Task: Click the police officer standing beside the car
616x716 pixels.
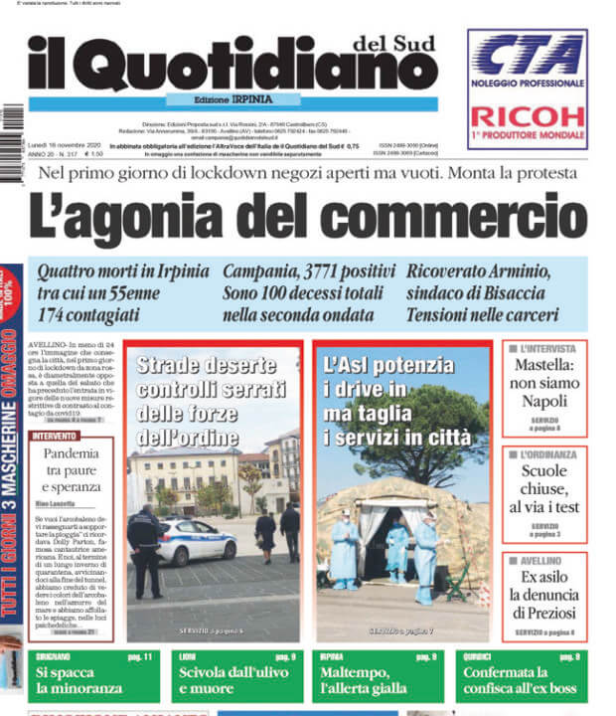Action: pos(145,548)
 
